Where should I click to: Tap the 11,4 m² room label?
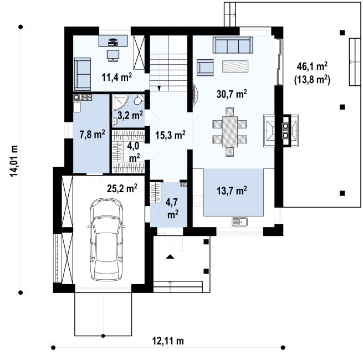[x=116, y=77]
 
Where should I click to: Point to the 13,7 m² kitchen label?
[x=231, y=191]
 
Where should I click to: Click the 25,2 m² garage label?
[x=122, y=189]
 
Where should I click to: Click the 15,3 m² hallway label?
[x=170, y=134]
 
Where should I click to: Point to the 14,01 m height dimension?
[x=14, y=161]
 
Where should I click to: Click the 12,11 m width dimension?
[x=170, y=340]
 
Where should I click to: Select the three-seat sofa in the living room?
[x=233, y=44]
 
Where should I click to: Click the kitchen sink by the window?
[x=240, y=222]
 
